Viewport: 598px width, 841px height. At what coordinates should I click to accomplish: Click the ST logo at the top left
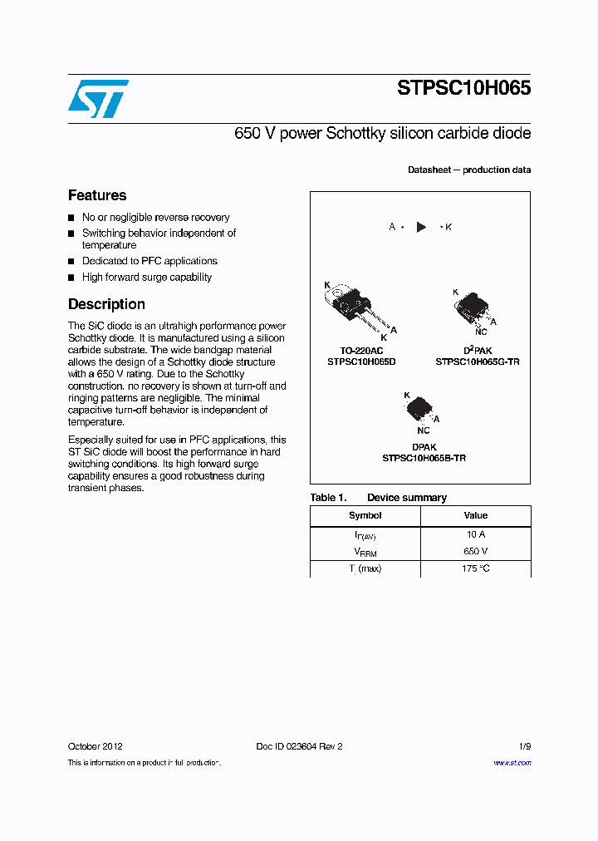pos(98,99)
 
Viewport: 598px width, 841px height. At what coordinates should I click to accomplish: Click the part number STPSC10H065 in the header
pos(463,89)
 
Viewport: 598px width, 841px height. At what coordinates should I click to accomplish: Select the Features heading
pos(97,195)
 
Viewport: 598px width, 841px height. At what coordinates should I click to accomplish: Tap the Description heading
pos(106,304)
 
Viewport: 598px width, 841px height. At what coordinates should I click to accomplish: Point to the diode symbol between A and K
pos(421,227)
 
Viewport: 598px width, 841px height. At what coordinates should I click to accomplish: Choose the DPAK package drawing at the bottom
pos(420,409)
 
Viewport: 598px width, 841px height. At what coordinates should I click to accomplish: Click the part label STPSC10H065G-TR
pos(478,362)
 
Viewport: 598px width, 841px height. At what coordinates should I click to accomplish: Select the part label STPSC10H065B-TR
pos(424,458)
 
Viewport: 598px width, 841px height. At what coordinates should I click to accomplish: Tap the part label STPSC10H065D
pos(360,362)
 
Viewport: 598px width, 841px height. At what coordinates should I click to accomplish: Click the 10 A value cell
pos(476,535)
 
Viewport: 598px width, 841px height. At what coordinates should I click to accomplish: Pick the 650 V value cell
pos(476,551)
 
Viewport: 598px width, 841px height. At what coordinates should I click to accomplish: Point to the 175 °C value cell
pos(476,568)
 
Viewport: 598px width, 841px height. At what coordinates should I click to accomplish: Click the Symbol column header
pos(365,515)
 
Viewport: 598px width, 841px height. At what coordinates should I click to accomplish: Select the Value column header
pos(476,515)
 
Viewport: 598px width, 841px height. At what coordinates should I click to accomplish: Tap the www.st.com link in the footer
pos(512,763)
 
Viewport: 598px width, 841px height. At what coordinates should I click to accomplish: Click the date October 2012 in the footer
pos(96,746)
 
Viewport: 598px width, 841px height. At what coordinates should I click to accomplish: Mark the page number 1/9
pos(524,746)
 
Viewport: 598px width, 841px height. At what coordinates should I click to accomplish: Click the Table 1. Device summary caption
pos(378,498)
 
